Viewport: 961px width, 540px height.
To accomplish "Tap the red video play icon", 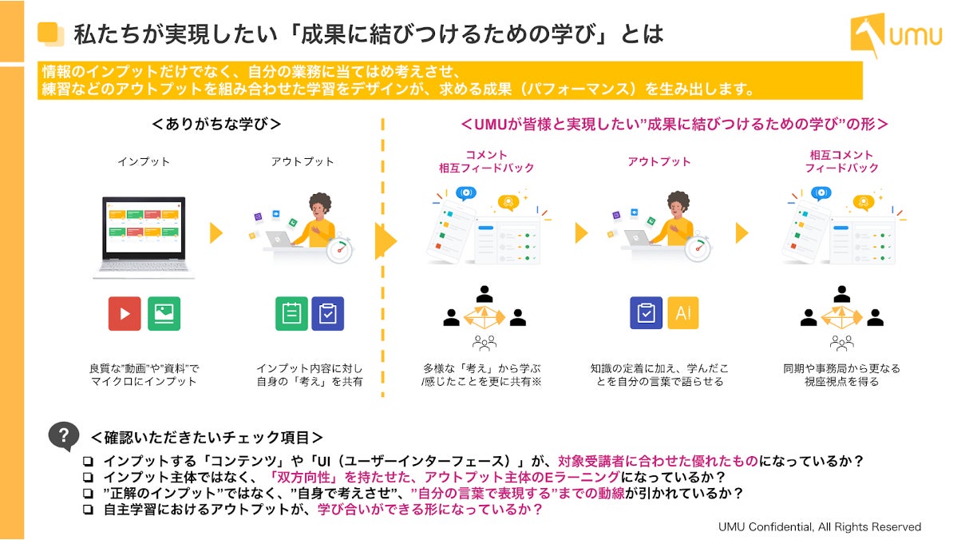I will (125, 314).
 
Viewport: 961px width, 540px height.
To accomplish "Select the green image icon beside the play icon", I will (164, 314).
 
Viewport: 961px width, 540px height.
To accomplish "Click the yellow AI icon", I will (683, 314).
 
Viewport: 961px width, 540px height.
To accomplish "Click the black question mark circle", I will (63, 436).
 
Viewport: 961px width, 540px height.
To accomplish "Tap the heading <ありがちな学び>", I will (216, 125).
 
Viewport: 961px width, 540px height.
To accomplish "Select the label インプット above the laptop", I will (144, 161).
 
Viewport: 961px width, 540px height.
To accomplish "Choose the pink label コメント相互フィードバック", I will (485, 161).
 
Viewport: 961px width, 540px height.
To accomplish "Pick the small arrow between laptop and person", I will (216, 232).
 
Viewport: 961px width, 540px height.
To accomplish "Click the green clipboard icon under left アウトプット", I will (291, 314).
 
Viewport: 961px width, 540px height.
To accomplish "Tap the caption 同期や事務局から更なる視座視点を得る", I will (841, 375).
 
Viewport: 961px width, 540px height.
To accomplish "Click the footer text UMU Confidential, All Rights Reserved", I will (820, 526).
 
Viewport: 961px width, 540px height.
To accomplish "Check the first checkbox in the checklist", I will (88, 463).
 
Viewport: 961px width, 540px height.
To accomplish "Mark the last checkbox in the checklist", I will (88, 509).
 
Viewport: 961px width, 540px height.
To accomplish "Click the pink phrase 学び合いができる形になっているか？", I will (430, 509).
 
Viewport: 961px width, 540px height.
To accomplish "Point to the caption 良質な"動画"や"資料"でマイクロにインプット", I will (144, 375).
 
